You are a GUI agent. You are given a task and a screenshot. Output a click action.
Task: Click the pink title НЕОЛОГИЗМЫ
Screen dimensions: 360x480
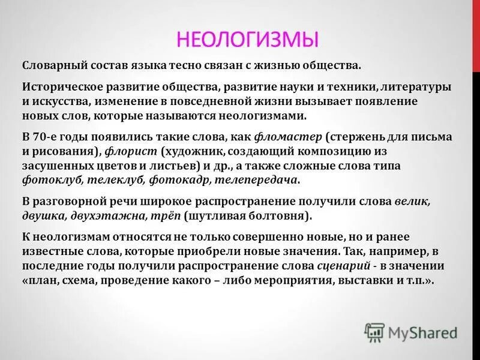click(x=248, y=40)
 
